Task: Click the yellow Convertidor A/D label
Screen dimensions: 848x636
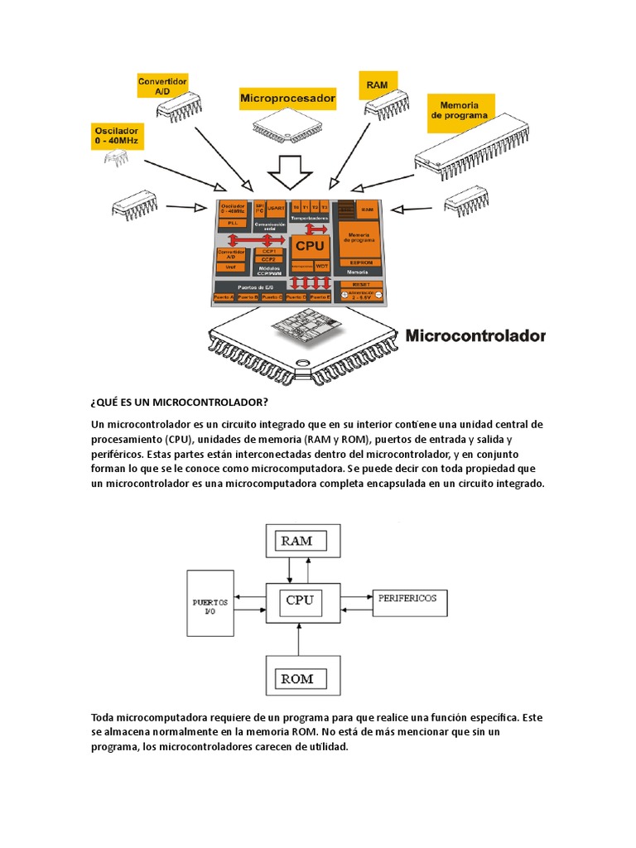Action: [x=163, y=87]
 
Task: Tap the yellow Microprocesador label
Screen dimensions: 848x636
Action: [x=288, y=98]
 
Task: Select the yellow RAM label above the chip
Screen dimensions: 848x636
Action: [x=378, y=84]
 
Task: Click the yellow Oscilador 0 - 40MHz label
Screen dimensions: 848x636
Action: [x=118, y=136]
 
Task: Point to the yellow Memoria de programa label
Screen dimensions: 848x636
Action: [x=460, y=112]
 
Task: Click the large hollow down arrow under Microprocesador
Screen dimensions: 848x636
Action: [x=291, y=171]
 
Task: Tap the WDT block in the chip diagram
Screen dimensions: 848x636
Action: [x=321, y=266]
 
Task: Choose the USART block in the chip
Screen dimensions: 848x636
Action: [x=274, y=207]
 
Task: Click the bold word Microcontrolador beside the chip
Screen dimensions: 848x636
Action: [x=475, y=336]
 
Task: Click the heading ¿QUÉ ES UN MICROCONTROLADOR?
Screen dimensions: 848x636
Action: [x=180, y=402]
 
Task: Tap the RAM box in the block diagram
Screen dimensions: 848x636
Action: [x=296, y=541]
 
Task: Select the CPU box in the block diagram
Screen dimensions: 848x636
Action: [x=300, y=600]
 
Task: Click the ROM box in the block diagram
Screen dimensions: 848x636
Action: [x=297, y=678]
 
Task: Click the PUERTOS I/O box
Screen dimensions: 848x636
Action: [x=210, y=608]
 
